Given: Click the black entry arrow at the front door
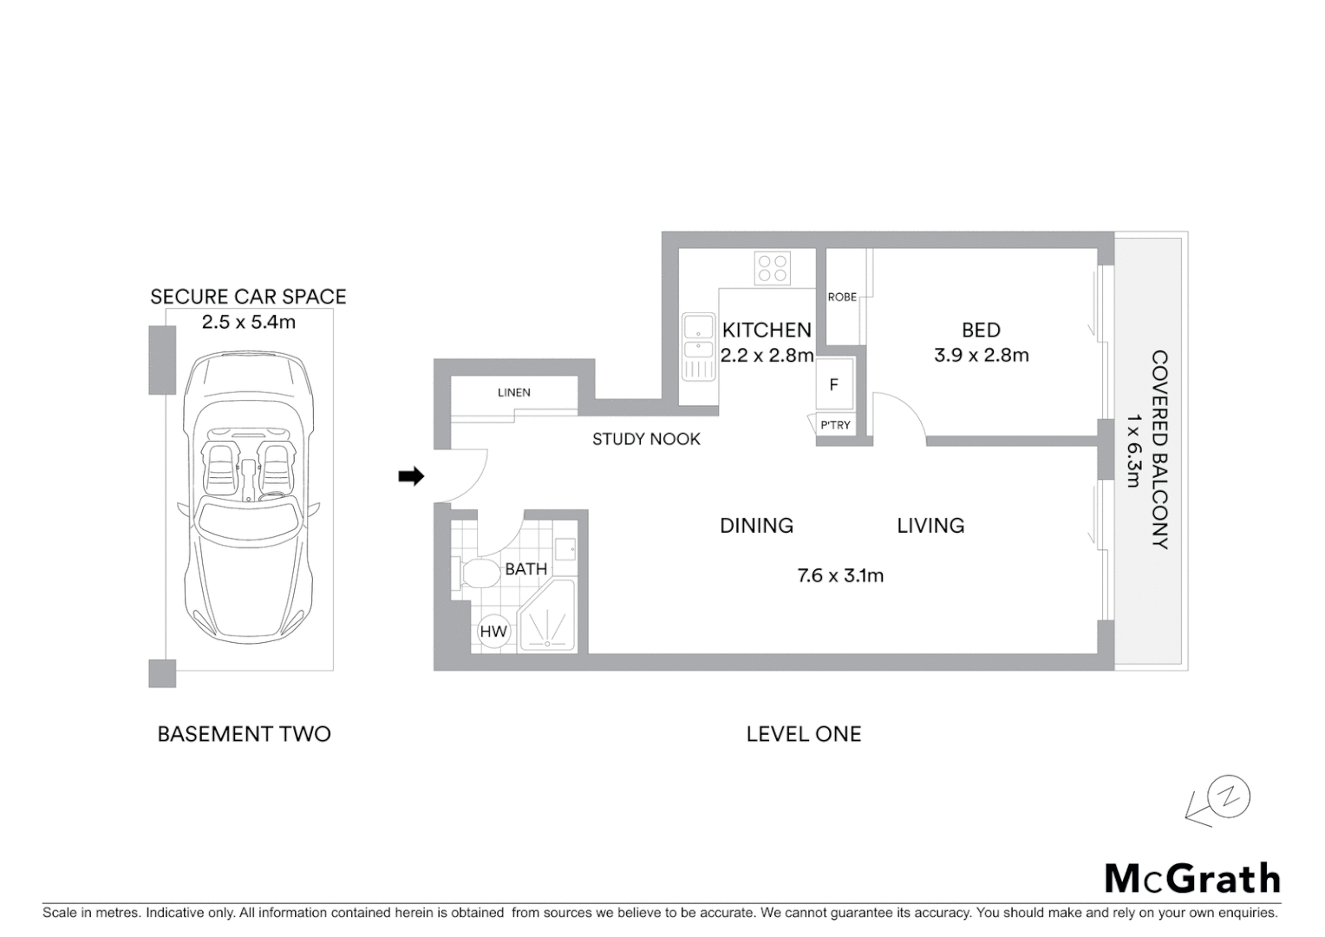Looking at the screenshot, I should click(411, 475).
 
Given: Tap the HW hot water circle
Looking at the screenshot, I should click(493, 632).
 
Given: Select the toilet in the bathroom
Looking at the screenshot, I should click(476, 573).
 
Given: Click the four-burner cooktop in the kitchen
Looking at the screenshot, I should click(772, 267).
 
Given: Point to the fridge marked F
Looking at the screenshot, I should click(833, 384).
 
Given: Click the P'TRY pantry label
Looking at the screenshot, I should click(835, 425).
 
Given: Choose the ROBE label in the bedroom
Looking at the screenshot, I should click(841, 297).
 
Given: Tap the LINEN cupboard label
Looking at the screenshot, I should click(514, 392).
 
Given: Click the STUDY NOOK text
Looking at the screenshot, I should click(646, 439).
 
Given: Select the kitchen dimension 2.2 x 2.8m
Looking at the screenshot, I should click(767, 355).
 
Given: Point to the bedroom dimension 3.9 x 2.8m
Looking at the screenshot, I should click(981, 355).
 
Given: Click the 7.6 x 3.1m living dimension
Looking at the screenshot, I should click(840, 575).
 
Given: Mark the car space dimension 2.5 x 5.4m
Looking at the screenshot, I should click(248, 322).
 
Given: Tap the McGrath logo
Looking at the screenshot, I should click(1192, 879).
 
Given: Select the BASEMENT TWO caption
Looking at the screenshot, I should click(244, 734).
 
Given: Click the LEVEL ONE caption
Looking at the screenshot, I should click(803, 734).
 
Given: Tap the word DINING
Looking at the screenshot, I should click(756, 525).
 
